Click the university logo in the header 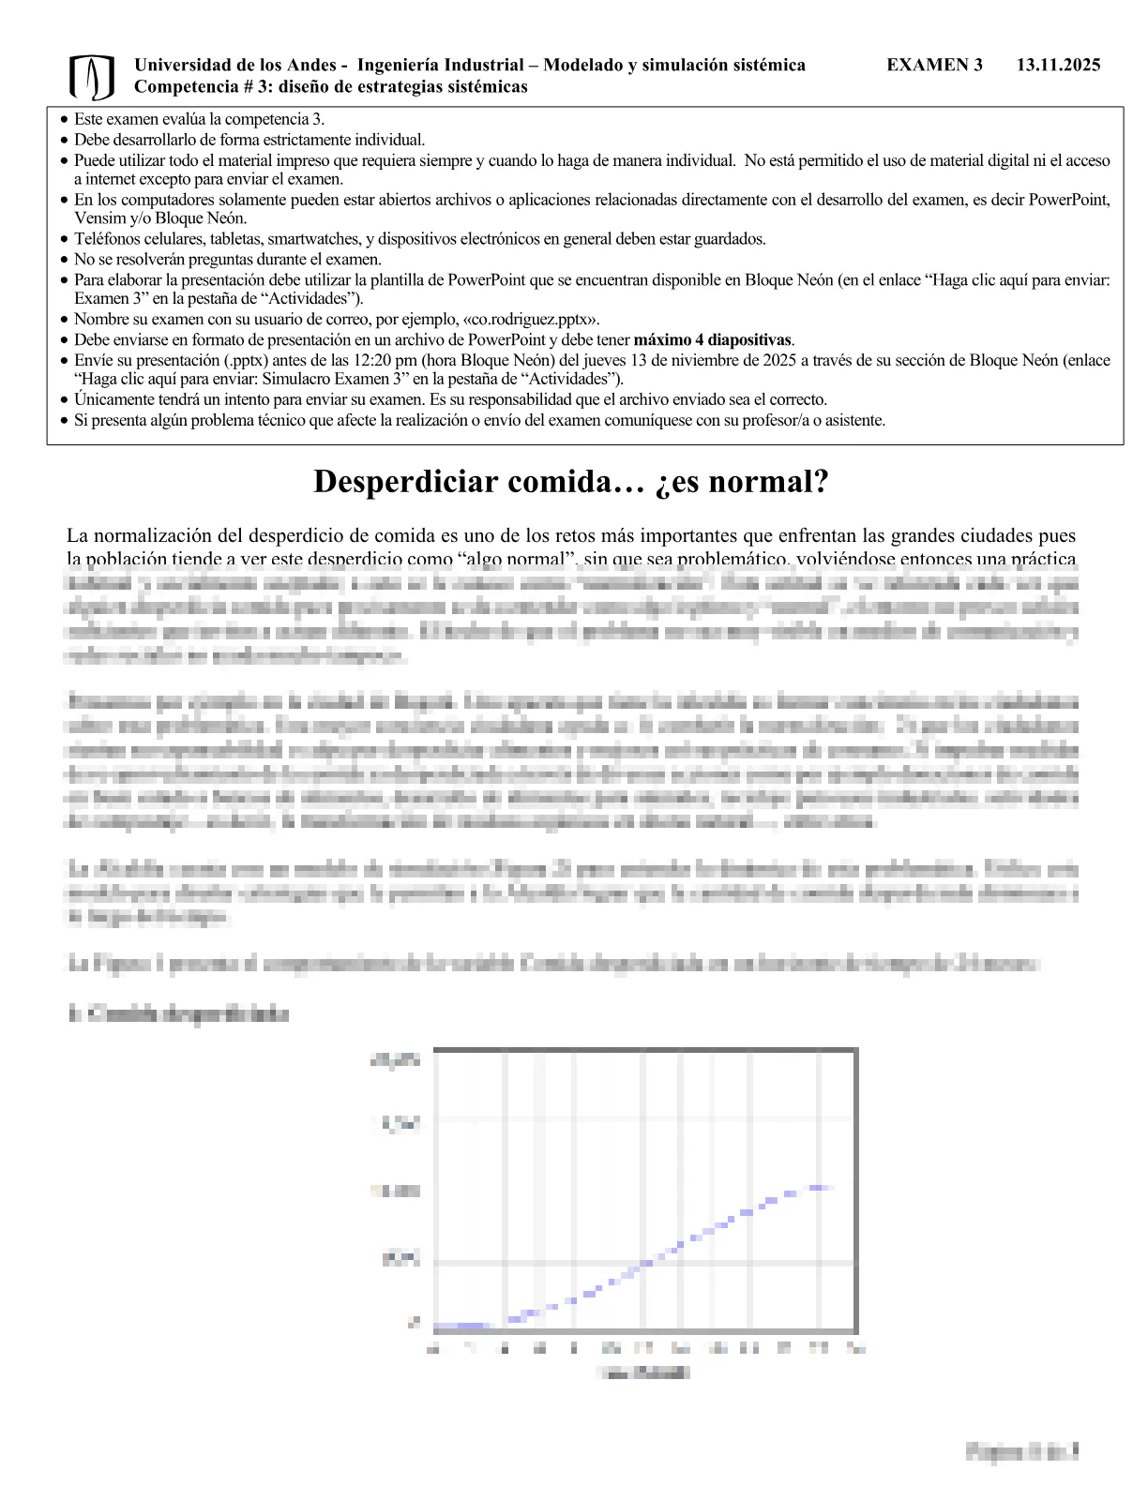tap(91, 77)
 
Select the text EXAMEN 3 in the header tap(934, 65)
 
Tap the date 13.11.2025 tap(1058, 65)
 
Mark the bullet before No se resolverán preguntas tap(63, 260)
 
